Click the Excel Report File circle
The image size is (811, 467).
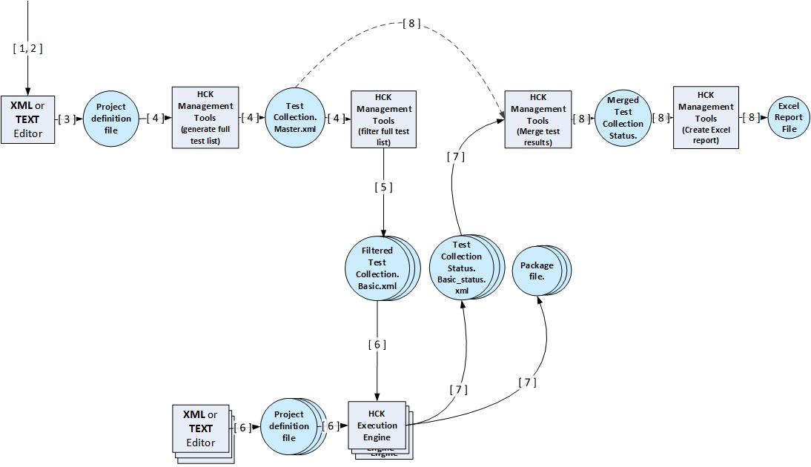tap(789, 118)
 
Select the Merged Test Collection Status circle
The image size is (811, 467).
tap(623, 119)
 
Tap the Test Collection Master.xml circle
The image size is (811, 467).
tap(295, 117)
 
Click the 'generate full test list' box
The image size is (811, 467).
tap(205, 118)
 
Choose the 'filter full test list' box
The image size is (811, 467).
tap(384, 119)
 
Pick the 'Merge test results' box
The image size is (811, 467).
tap(538, 119)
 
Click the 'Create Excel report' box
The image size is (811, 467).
tap(706, 118)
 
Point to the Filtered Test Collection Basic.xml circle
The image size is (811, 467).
tap(382, 268)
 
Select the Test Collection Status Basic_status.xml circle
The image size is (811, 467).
tap(466, 267)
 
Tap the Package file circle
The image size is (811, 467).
tap(541, 270)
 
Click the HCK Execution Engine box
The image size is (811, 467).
tap(380, 430)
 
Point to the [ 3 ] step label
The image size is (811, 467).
tap(67, 119)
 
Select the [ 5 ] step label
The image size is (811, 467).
tap(384, 188)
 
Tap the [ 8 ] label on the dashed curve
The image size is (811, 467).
tap(411, 23)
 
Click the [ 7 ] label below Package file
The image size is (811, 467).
tap(527, 382)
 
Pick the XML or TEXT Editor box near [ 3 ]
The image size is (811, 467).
tap(28, 119)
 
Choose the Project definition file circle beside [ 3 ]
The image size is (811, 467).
tap(110, 119)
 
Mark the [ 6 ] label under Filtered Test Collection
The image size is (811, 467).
tap(377, 345)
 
